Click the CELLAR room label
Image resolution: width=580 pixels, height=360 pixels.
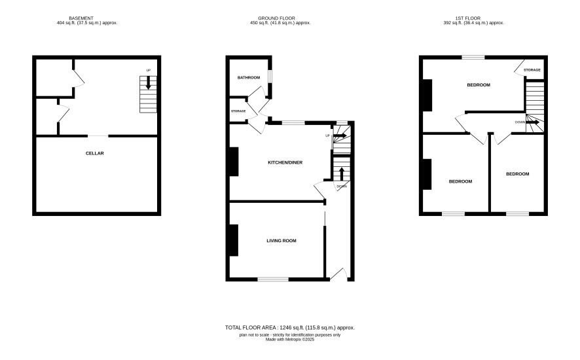click(x=95, y=153)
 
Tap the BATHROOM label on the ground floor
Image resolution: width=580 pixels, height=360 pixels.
click(x=249, y=78)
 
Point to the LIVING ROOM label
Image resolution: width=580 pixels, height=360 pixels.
click(x=281, y=240)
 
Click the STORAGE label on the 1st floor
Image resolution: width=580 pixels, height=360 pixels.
click(x=532, y=70)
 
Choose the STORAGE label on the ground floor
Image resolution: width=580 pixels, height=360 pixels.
click(x=238, y=111)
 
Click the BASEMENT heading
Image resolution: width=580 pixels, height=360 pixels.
click(x=81, y=18)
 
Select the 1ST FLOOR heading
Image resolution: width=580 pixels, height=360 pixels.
click(x=468, y=18)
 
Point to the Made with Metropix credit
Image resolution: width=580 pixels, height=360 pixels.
click(x=290, y=339)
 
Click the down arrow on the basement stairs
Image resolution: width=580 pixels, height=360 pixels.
click(x=149, y=82)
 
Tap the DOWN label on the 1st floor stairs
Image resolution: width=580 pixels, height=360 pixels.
click(x=520, y=122)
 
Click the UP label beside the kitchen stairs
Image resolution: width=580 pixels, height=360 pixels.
click(x=327, y=135)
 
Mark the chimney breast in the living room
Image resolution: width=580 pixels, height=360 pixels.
click(x=234, y=240)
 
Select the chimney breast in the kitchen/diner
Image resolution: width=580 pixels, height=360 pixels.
click(x=234, y=161)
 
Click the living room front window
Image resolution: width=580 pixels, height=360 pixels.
click(x=274, y=279)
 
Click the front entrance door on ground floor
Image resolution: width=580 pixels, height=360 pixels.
click(x=339, y=274)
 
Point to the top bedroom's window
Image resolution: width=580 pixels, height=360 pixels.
click(x=473, y=58)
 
